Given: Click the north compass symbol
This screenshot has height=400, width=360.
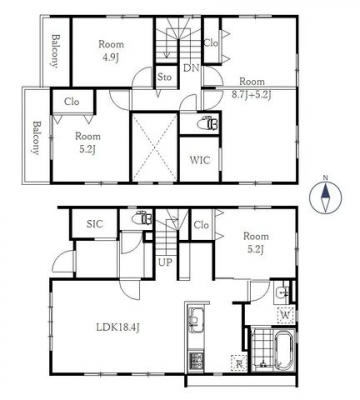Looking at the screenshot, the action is click(326, 196).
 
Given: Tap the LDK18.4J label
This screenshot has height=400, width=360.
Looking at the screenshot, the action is click(118, 327).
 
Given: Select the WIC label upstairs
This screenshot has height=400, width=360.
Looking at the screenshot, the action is click(200, 160).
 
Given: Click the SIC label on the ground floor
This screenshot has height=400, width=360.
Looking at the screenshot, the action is click(95, 224).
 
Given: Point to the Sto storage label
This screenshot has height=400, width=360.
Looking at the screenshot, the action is click(164, 77).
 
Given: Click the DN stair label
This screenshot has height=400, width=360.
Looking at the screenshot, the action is click(191, 68).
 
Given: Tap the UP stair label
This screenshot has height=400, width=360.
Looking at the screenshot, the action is click(165, 262).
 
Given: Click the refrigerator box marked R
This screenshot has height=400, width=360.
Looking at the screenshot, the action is click(239, 363).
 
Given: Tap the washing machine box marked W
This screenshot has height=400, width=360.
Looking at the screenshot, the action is click(285, 314).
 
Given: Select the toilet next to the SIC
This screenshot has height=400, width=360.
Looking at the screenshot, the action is click(142, 219).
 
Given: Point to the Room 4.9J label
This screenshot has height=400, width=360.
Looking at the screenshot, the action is click(111, 51).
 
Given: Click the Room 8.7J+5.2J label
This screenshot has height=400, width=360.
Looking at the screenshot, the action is click(252, 88).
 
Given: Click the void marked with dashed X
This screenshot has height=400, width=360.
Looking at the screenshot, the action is click(155, 147).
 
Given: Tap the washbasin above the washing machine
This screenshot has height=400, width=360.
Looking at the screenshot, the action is click(283, 293).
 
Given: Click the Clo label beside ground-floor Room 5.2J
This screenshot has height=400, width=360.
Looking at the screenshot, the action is click(201, 225).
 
